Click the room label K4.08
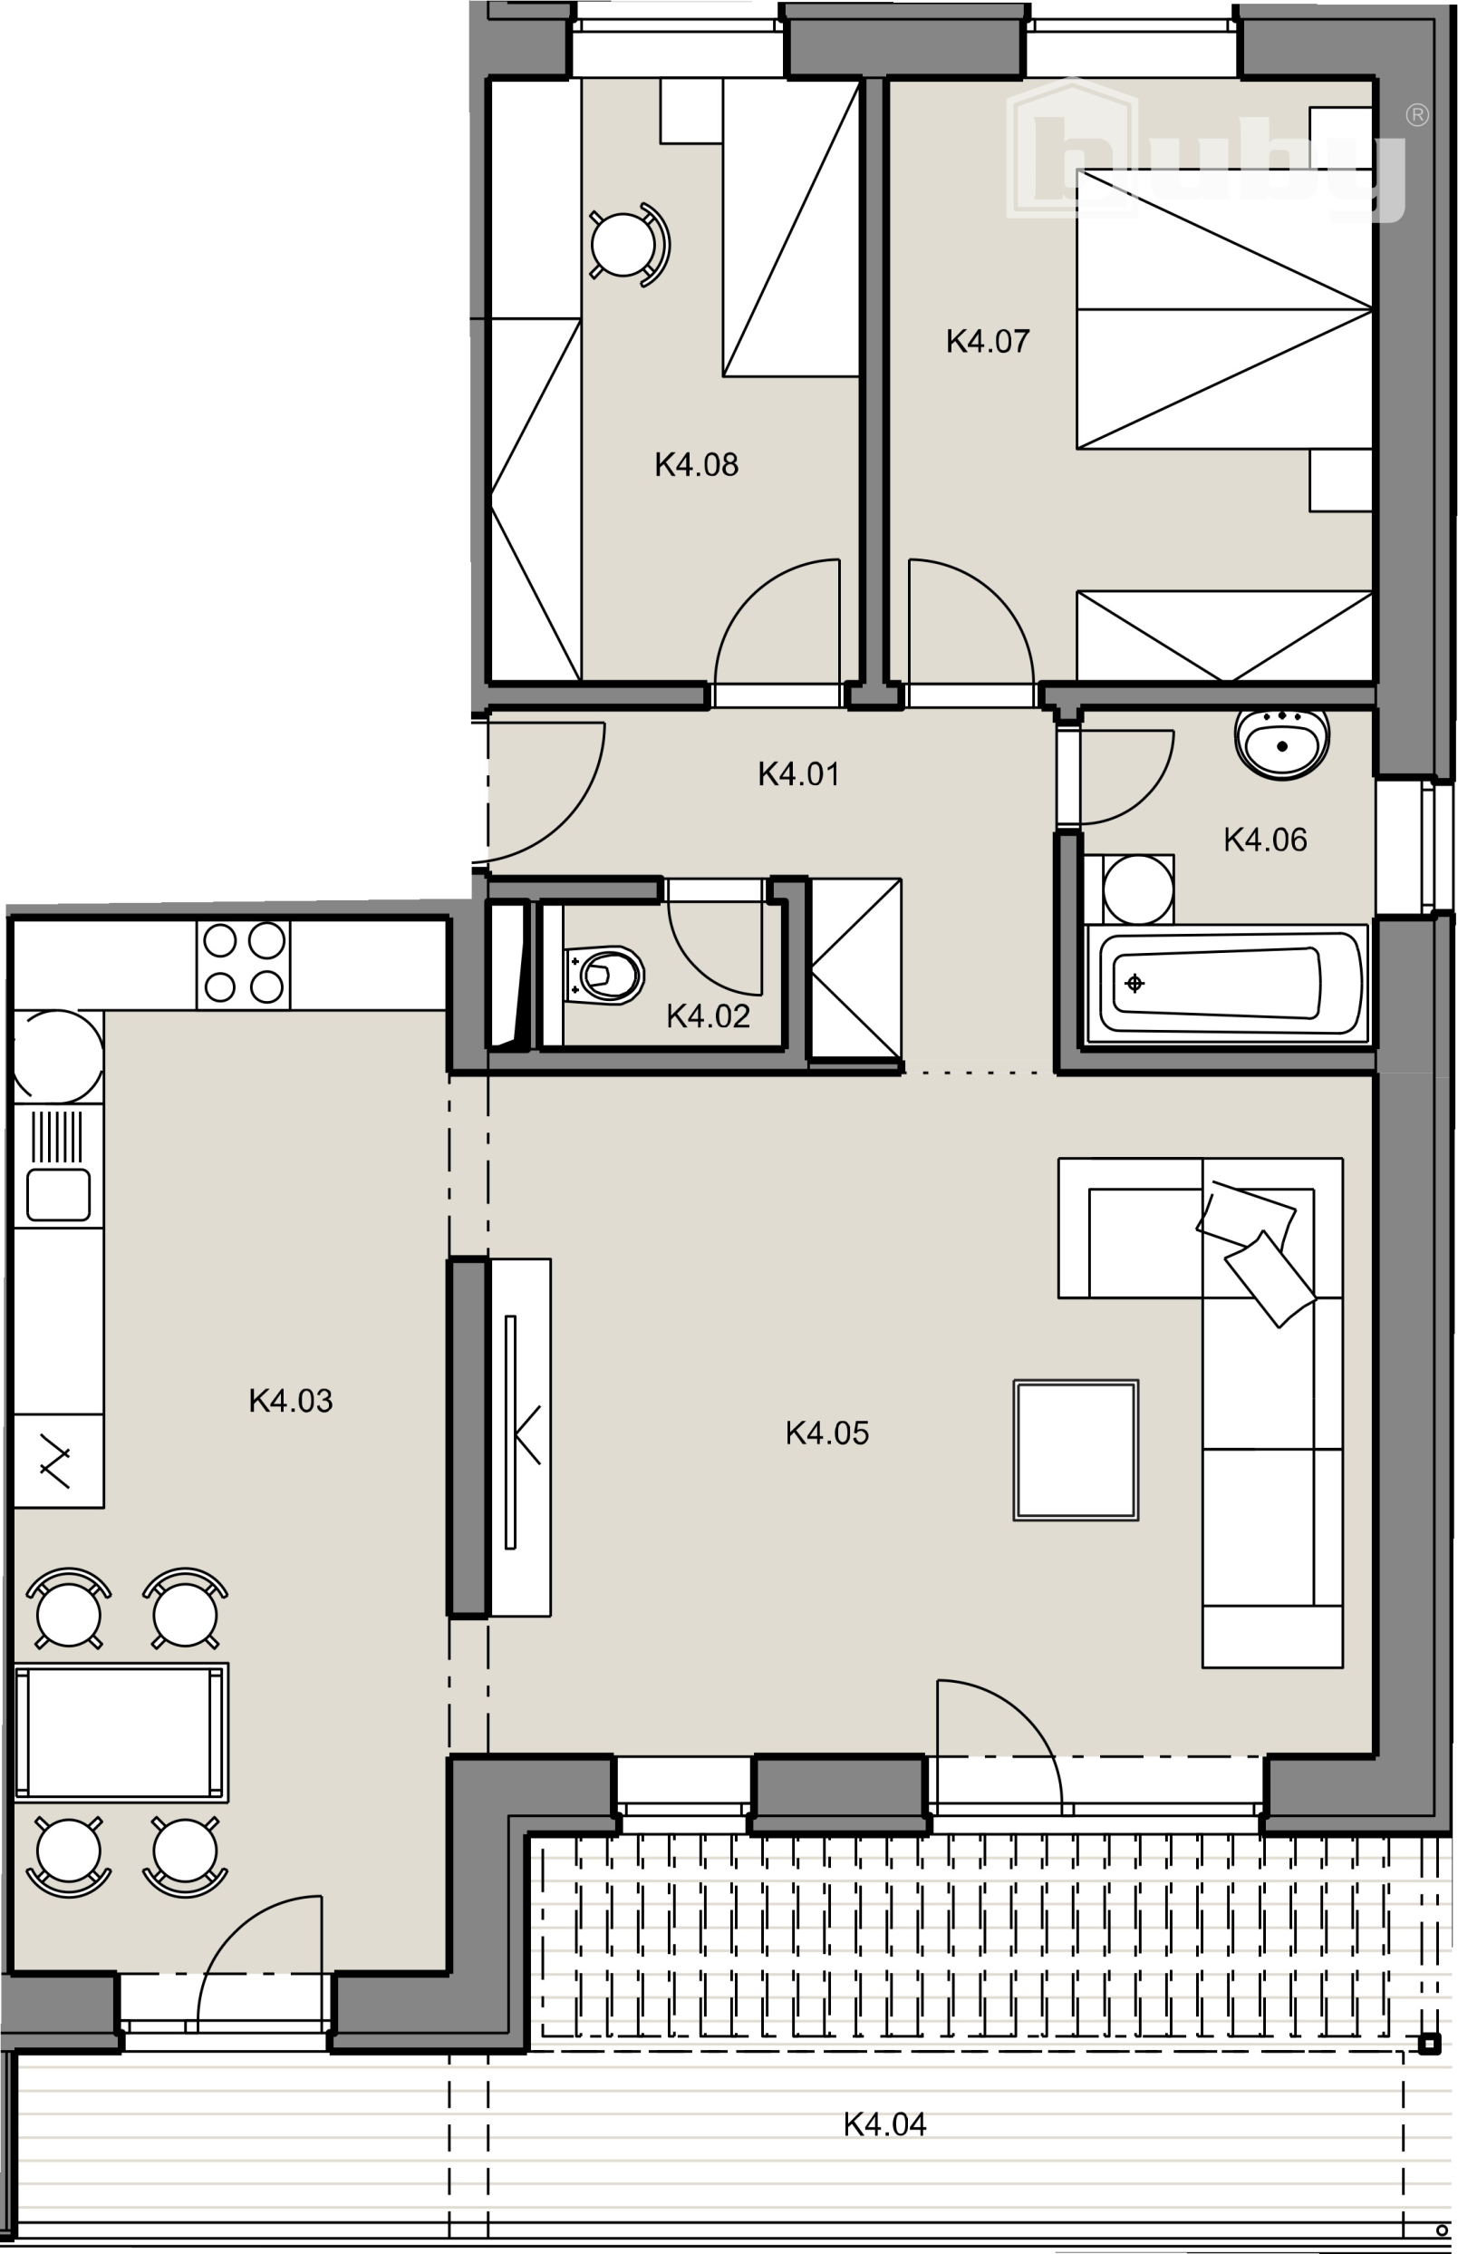696,464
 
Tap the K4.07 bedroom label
988,341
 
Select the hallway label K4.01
798,773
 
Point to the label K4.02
709,1016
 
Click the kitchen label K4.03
291,1401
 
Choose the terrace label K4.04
885,2124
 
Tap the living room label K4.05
826,1433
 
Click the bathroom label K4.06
1265,839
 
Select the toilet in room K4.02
603,975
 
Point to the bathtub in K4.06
1227,984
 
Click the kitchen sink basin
59,1194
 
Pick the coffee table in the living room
1076,1450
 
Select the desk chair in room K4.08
628,244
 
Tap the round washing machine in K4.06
1138,889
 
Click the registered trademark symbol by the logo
1416,114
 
